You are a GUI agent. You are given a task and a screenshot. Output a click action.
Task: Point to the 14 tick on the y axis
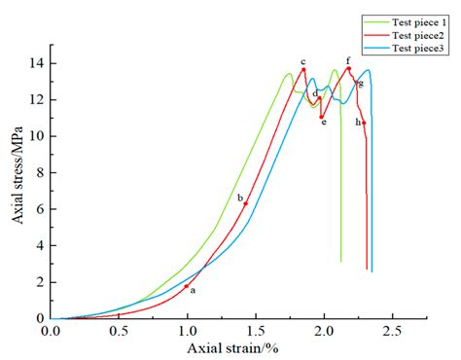point(36,63)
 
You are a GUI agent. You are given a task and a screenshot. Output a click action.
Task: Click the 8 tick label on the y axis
point(39,172)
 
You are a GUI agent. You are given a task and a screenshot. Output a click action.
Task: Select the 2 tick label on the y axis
point(39,282)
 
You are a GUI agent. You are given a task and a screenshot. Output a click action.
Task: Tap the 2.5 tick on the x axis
point(392,330)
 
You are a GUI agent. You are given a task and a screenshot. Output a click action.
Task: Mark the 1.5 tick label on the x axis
point(256,330)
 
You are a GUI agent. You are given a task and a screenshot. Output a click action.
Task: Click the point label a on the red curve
point(193,290)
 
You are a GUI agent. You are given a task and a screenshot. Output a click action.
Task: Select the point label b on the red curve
point(239,198)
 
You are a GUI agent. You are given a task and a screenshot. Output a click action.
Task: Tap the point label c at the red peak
point(302,61)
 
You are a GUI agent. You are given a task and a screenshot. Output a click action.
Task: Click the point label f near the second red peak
point(348,60)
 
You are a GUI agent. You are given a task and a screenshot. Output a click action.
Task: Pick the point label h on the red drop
point(358,122)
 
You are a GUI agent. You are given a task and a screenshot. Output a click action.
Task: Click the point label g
point(361,84)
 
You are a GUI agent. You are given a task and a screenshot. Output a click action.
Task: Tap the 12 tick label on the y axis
point(36,99)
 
